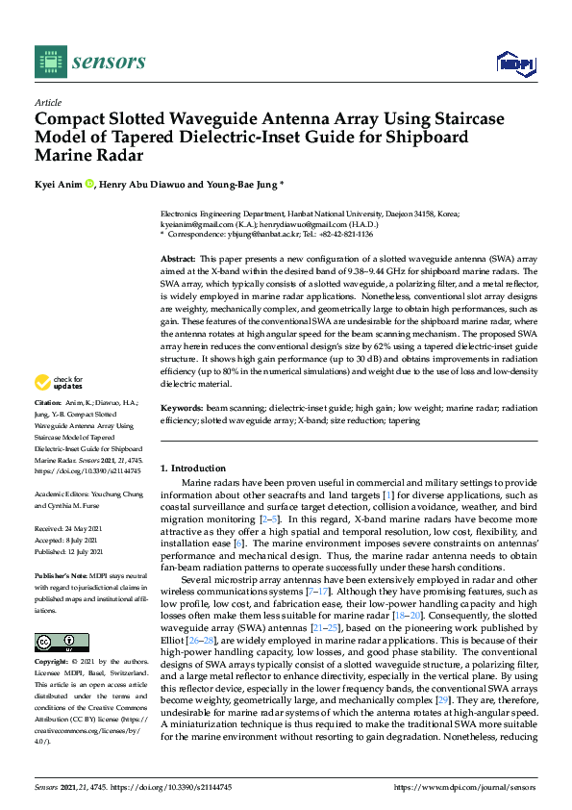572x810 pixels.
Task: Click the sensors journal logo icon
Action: pos(48,63)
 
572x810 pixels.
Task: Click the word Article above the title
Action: pos(47,103)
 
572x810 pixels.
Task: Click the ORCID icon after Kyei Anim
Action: pos(90,184)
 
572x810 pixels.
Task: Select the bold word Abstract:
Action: pos(178,260)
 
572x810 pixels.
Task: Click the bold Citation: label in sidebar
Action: pos(47,427)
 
